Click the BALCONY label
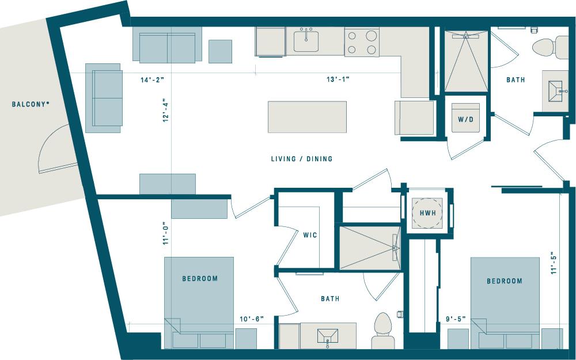pyautogui.click(x=30, y=104)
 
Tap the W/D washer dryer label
pyautogui.click(x=465, y=120)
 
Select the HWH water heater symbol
pyautogui.click(x=427, y=213)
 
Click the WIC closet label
pyautogui.click(x=310, y=235)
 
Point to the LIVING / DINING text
pyautogui.click(x=302, y=158)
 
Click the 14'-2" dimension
pyautogui.click(x=153, y=81)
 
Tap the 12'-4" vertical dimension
pyautogui.click(x=165, y=111)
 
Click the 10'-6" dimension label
pyautogui.click(x=252, y=319)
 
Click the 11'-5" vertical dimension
pyautogui.click(x=554, y=263)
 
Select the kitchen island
pyautogui.click(x=307, y=117)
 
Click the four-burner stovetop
pyautogui.click(x=362, y=42)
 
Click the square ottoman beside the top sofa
pyautogui.click(x=220, y=51)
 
